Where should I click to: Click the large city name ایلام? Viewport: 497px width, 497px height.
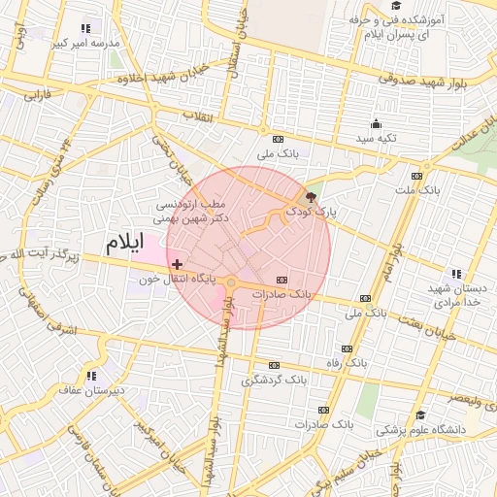[125, 240]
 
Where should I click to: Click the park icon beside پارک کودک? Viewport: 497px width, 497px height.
[310, 196]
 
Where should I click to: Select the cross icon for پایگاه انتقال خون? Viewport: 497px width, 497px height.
[177, 263]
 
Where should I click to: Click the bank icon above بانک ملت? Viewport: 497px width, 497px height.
[416, 176]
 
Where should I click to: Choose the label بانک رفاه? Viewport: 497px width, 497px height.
[349, 362]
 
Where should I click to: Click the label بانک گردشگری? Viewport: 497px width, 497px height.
[275, 380]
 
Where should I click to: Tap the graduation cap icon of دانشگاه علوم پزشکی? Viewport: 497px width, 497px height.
[420, 414]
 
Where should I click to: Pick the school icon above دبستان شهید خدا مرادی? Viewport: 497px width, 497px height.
[455, 275]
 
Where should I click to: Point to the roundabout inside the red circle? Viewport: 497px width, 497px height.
[231, 282]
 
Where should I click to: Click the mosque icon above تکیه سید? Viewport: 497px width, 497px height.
[376, 123]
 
